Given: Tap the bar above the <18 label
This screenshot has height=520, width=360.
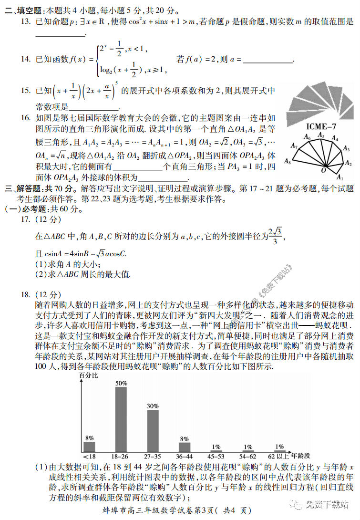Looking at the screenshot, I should [x=89, y=447].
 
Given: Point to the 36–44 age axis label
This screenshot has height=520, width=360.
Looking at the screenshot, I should [x=185, y=456].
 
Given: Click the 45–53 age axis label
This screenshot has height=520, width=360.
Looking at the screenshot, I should [x=216, y=456].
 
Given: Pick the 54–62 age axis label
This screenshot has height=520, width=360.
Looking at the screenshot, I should [x=247, y=456].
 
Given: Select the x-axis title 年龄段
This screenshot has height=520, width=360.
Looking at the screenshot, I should [x=300, y=456].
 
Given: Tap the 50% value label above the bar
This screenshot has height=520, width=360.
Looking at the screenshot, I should [x=121, y=383].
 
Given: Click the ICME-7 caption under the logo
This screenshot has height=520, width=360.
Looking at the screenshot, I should [x=320, y=127].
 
